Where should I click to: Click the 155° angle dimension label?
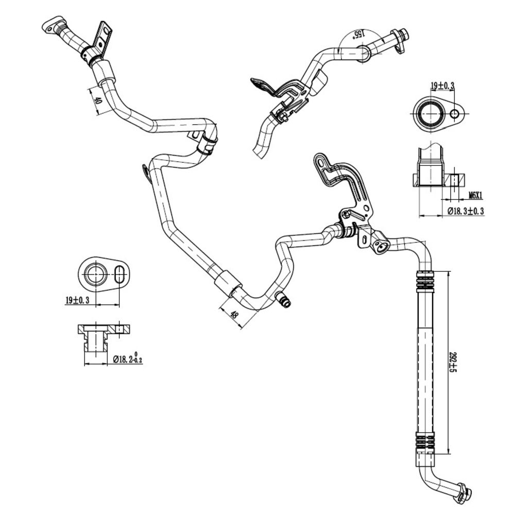point(358,34)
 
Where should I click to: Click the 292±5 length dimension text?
point(454,362)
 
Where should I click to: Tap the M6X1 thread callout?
point(475,196)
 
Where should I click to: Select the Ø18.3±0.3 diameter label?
point(466,211)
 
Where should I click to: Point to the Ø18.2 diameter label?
point(128,359)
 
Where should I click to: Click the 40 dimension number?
point(97,100)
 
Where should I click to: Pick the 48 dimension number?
point(234,315)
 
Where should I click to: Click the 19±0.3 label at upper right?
point(442,86)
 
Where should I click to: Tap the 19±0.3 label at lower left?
point(77,300)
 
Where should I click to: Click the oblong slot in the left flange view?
point(119,273)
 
